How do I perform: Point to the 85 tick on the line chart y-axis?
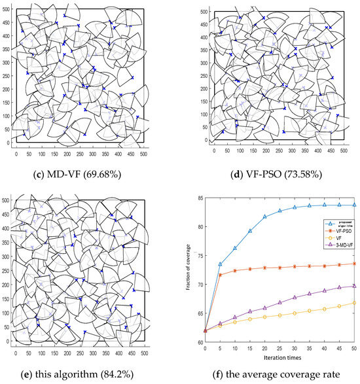click(x=199, y=198)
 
